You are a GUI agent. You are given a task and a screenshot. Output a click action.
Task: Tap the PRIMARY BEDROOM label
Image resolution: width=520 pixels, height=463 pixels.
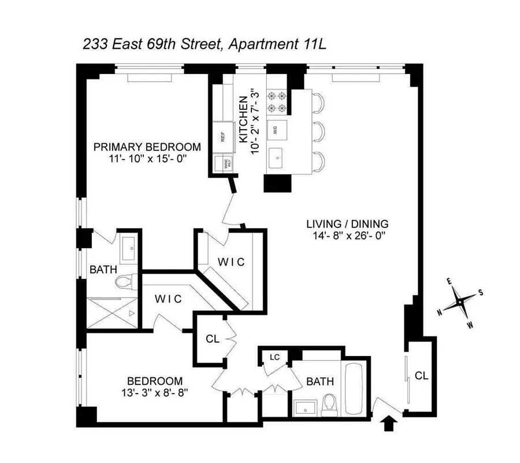click(147, 146)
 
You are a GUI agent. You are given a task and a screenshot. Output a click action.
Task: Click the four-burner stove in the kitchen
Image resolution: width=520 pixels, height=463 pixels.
click(276, 102)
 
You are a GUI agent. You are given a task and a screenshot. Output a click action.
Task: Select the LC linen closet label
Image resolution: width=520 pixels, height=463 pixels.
click(274, 357)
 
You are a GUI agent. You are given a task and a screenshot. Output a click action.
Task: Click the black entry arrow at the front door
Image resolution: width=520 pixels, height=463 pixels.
click(391, 424)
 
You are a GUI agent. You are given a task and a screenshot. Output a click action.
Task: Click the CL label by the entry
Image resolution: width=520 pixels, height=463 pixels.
click(421, 376)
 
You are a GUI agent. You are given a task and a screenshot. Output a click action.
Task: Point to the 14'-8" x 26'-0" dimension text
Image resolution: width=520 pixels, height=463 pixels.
click(347, 236)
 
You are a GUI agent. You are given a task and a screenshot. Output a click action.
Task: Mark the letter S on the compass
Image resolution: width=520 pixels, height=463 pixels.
click(481, 292)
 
